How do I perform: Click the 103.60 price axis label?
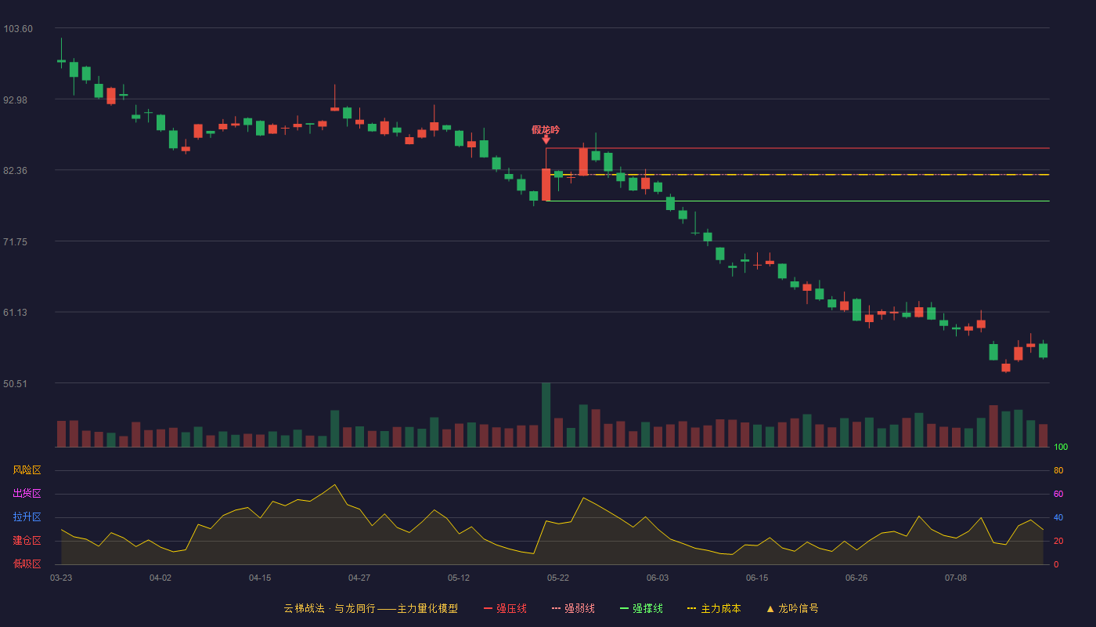point(18,29)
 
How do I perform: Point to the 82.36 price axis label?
point(15,171)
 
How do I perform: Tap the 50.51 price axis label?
point(15,383)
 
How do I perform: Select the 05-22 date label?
point(557,578)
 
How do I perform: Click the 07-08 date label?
point(956,578)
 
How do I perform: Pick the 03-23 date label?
point(61,578)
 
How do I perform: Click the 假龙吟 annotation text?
point(546,130)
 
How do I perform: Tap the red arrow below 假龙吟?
point(546,140)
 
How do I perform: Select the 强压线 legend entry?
point(506,608)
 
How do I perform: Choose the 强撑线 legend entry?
point(641,608)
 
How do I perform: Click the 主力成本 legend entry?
point(714,608)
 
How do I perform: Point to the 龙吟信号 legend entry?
point(792,608)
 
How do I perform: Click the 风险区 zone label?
point(27,470)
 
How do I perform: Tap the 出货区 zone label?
point(27,493)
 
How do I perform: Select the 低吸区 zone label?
point(27,564)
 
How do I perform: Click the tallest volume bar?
point(546,415)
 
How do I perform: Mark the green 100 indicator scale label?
point(1061,447)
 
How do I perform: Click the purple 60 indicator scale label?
point(1058,494)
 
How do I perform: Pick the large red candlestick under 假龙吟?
point(546,185)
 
